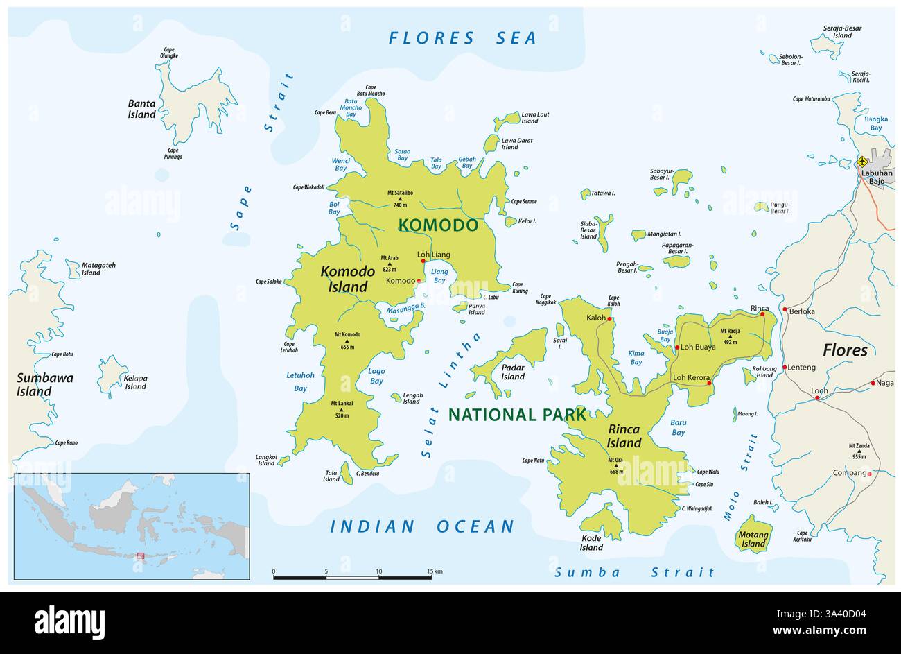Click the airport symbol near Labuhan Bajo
[862, 162]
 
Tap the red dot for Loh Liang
[423, 261]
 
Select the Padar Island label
[513, 372]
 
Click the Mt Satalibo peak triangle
[400, 198]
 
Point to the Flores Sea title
[462, 38]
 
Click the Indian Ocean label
[422, 526]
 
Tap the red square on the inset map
[140, 556]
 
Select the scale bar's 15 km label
[435, 571]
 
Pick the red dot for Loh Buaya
[677, 347]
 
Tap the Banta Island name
[141, 109]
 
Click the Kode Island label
[591, 543]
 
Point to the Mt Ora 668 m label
[615, 466]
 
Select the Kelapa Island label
[134, 382]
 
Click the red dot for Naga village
[873, 383]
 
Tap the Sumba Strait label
[634, 573]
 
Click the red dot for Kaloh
[610, 319]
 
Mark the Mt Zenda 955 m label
[859, 451]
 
